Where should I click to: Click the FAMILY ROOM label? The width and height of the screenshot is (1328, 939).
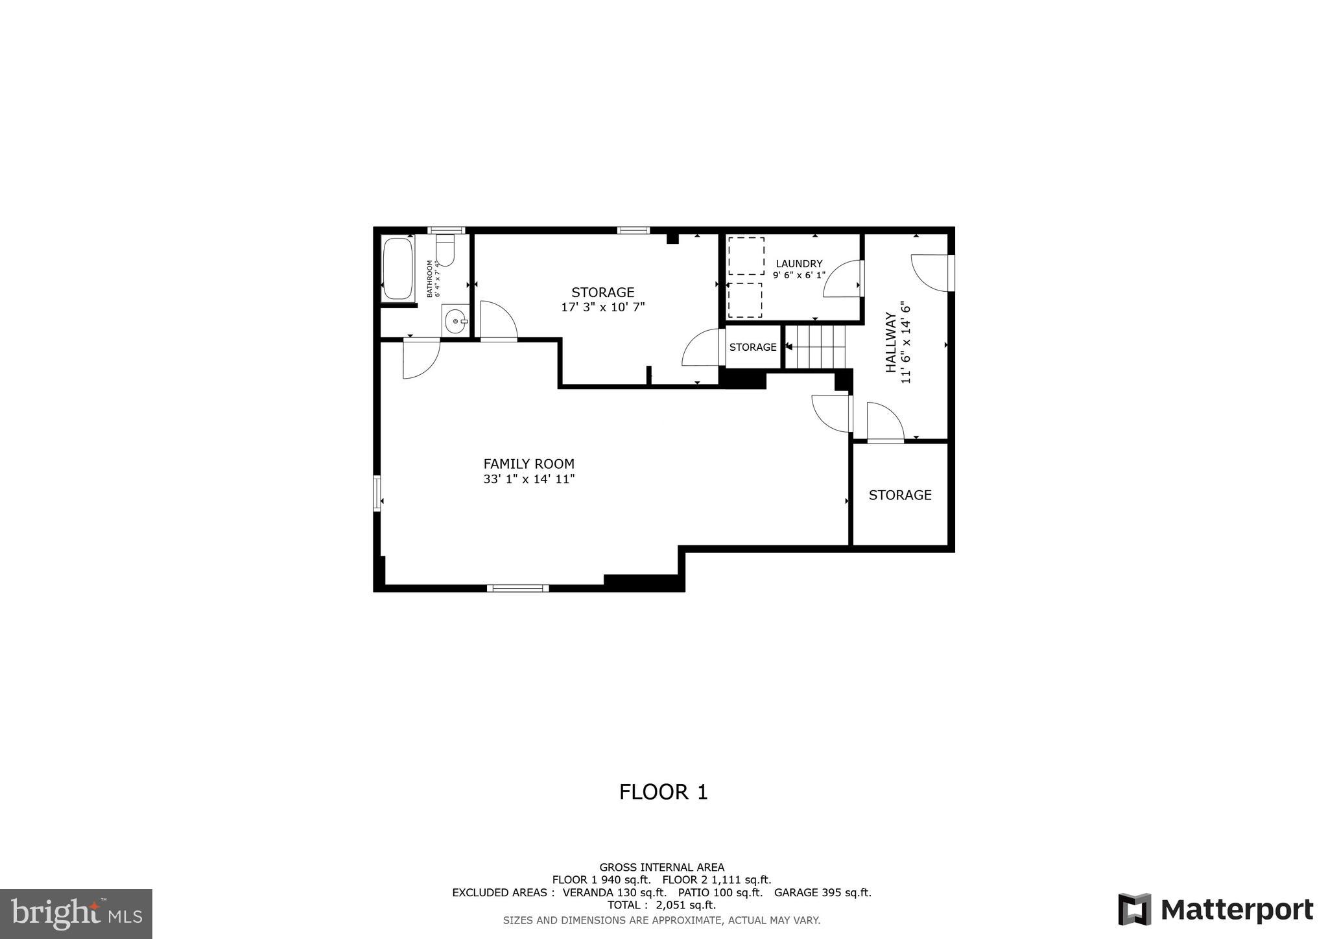(528, 464)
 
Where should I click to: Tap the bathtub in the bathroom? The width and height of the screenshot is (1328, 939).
(397, 269)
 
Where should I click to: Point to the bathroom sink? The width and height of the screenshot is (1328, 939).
(456, 321)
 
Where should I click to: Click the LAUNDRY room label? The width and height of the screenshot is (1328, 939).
(799, 263)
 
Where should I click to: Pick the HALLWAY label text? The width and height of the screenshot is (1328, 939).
(891, 342)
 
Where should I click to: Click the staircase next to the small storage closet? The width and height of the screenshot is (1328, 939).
(816, 347)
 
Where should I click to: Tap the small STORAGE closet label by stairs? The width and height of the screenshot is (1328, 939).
(752, 347)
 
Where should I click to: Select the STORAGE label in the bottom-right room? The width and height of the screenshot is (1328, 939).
(900, 495)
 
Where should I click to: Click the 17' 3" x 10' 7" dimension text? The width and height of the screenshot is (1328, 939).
(602, 307)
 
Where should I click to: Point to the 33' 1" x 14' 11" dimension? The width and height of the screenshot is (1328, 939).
(528, 479)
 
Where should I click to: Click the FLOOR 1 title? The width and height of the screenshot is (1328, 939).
(663, 792)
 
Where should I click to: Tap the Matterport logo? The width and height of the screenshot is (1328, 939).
(1215, 909)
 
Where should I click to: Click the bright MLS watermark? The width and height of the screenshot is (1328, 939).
(76, 914)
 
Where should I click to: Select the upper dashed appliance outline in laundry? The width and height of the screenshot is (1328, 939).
(746, 256)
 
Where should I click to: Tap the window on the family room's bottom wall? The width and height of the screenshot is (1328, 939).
(517, 588)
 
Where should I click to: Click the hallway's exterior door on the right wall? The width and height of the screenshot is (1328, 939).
(934, 272)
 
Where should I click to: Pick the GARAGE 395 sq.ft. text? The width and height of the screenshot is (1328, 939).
(822, 892)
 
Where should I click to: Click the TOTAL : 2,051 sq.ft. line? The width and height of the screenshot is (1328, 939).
(661, 905)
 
